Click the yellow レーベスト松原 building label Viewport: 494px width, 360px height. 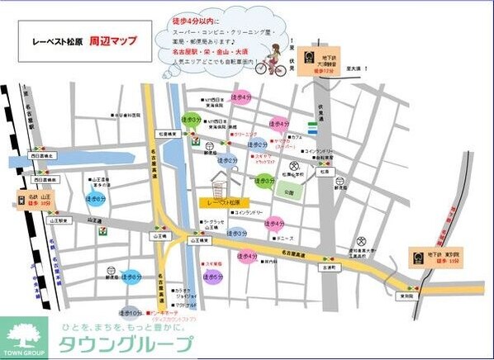[x=223, y=201]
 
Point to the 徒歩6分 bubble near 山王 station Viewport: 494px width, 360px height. [x=96, y=198]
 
